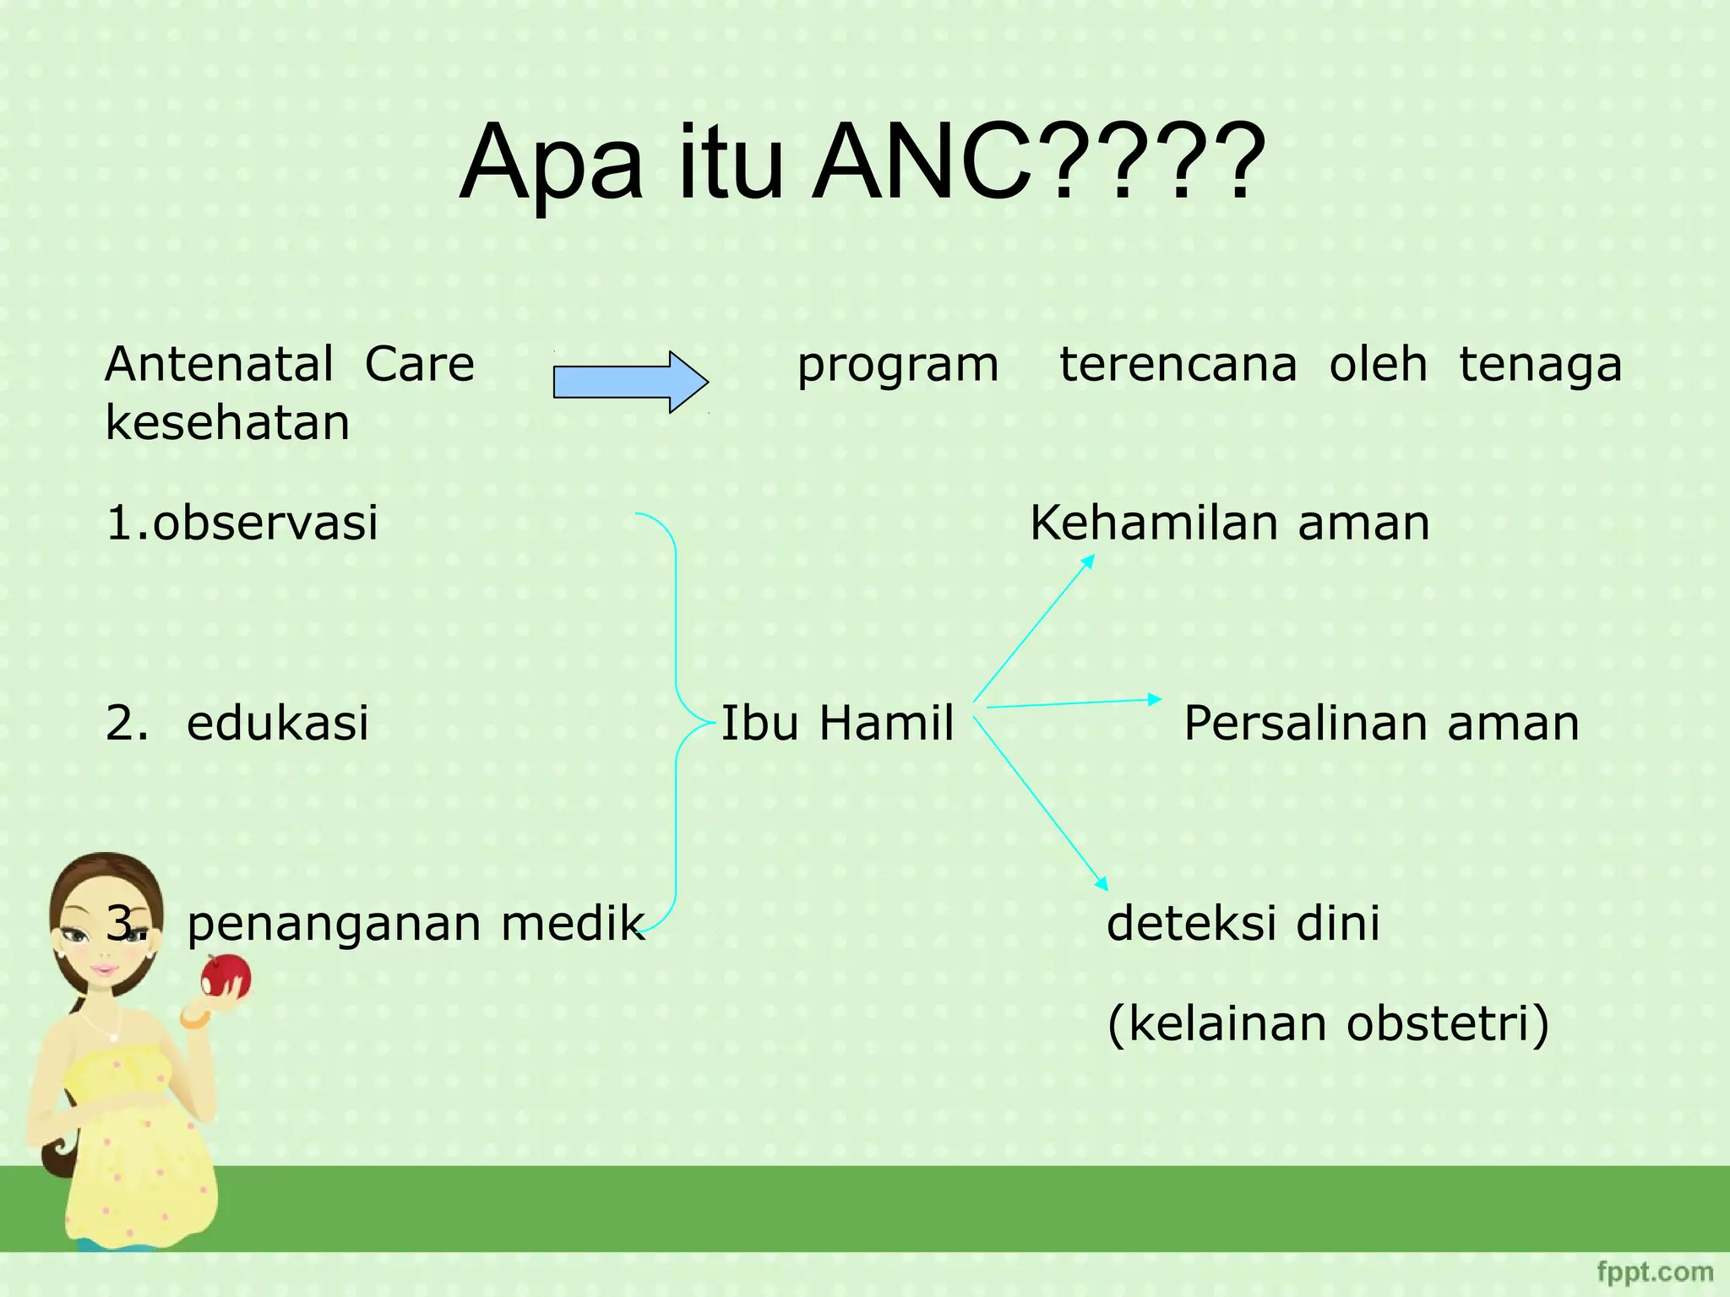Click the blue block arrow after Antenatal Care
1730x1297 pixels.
click(x=629, y=382)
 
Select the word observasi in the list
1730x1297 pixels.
click(x=265, y=523)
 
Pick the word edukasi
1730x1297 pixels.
click(x=278, y=724)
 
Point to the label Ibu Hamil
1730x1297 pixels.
click(x=837, y=724)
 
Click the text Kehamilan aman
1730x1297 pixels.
click(x=1230, y=523)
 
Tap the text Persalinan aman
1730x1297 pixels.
click(x=1381, y=724)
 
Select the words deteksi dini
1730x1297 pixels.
click(x=1243, y=923)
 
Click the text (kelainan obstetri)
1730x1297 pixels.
click(x=1328, y=1023)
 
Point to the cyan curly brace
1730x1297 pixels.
click(x=676, y=722)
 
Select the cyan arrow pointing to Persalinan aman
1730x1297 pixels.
click(x=1073, y=703)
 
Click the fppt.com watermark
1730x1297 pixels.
click(x=1655, y=1271)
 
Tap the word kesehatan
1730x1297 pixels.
click(x=227, y=422)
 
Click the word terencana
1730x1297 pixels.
click(x=1178, y=365)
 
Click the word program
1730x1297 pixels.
click(x=898, y=365)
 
